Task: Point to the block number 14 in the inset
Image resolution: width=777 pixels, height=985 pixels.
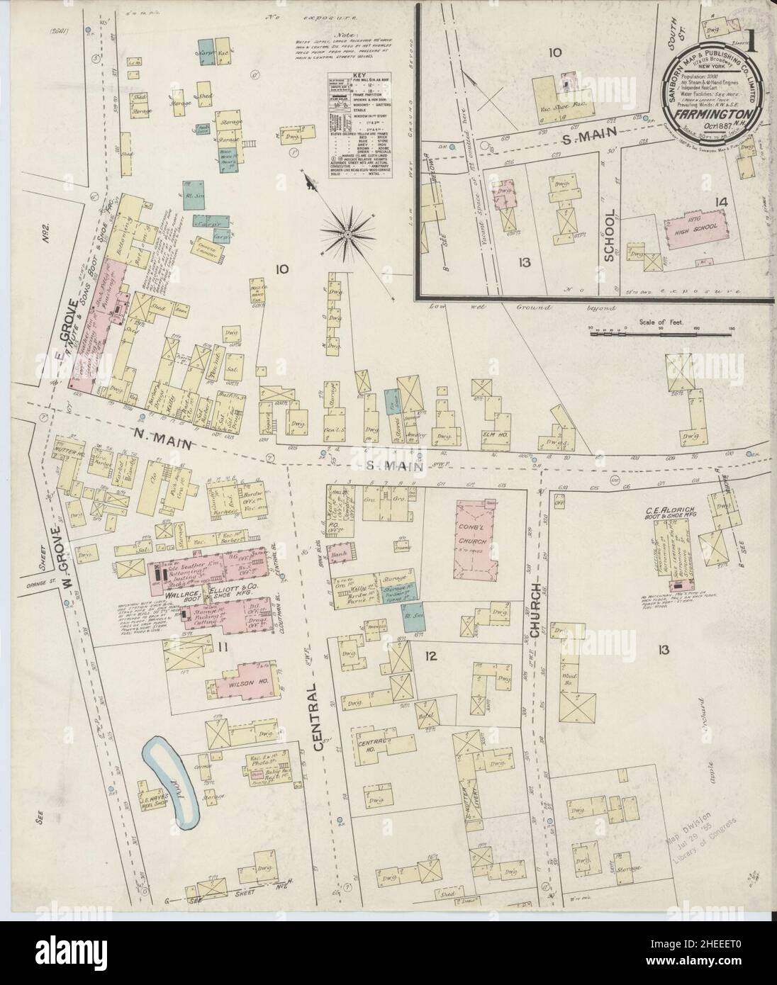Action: coord(721,203)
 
